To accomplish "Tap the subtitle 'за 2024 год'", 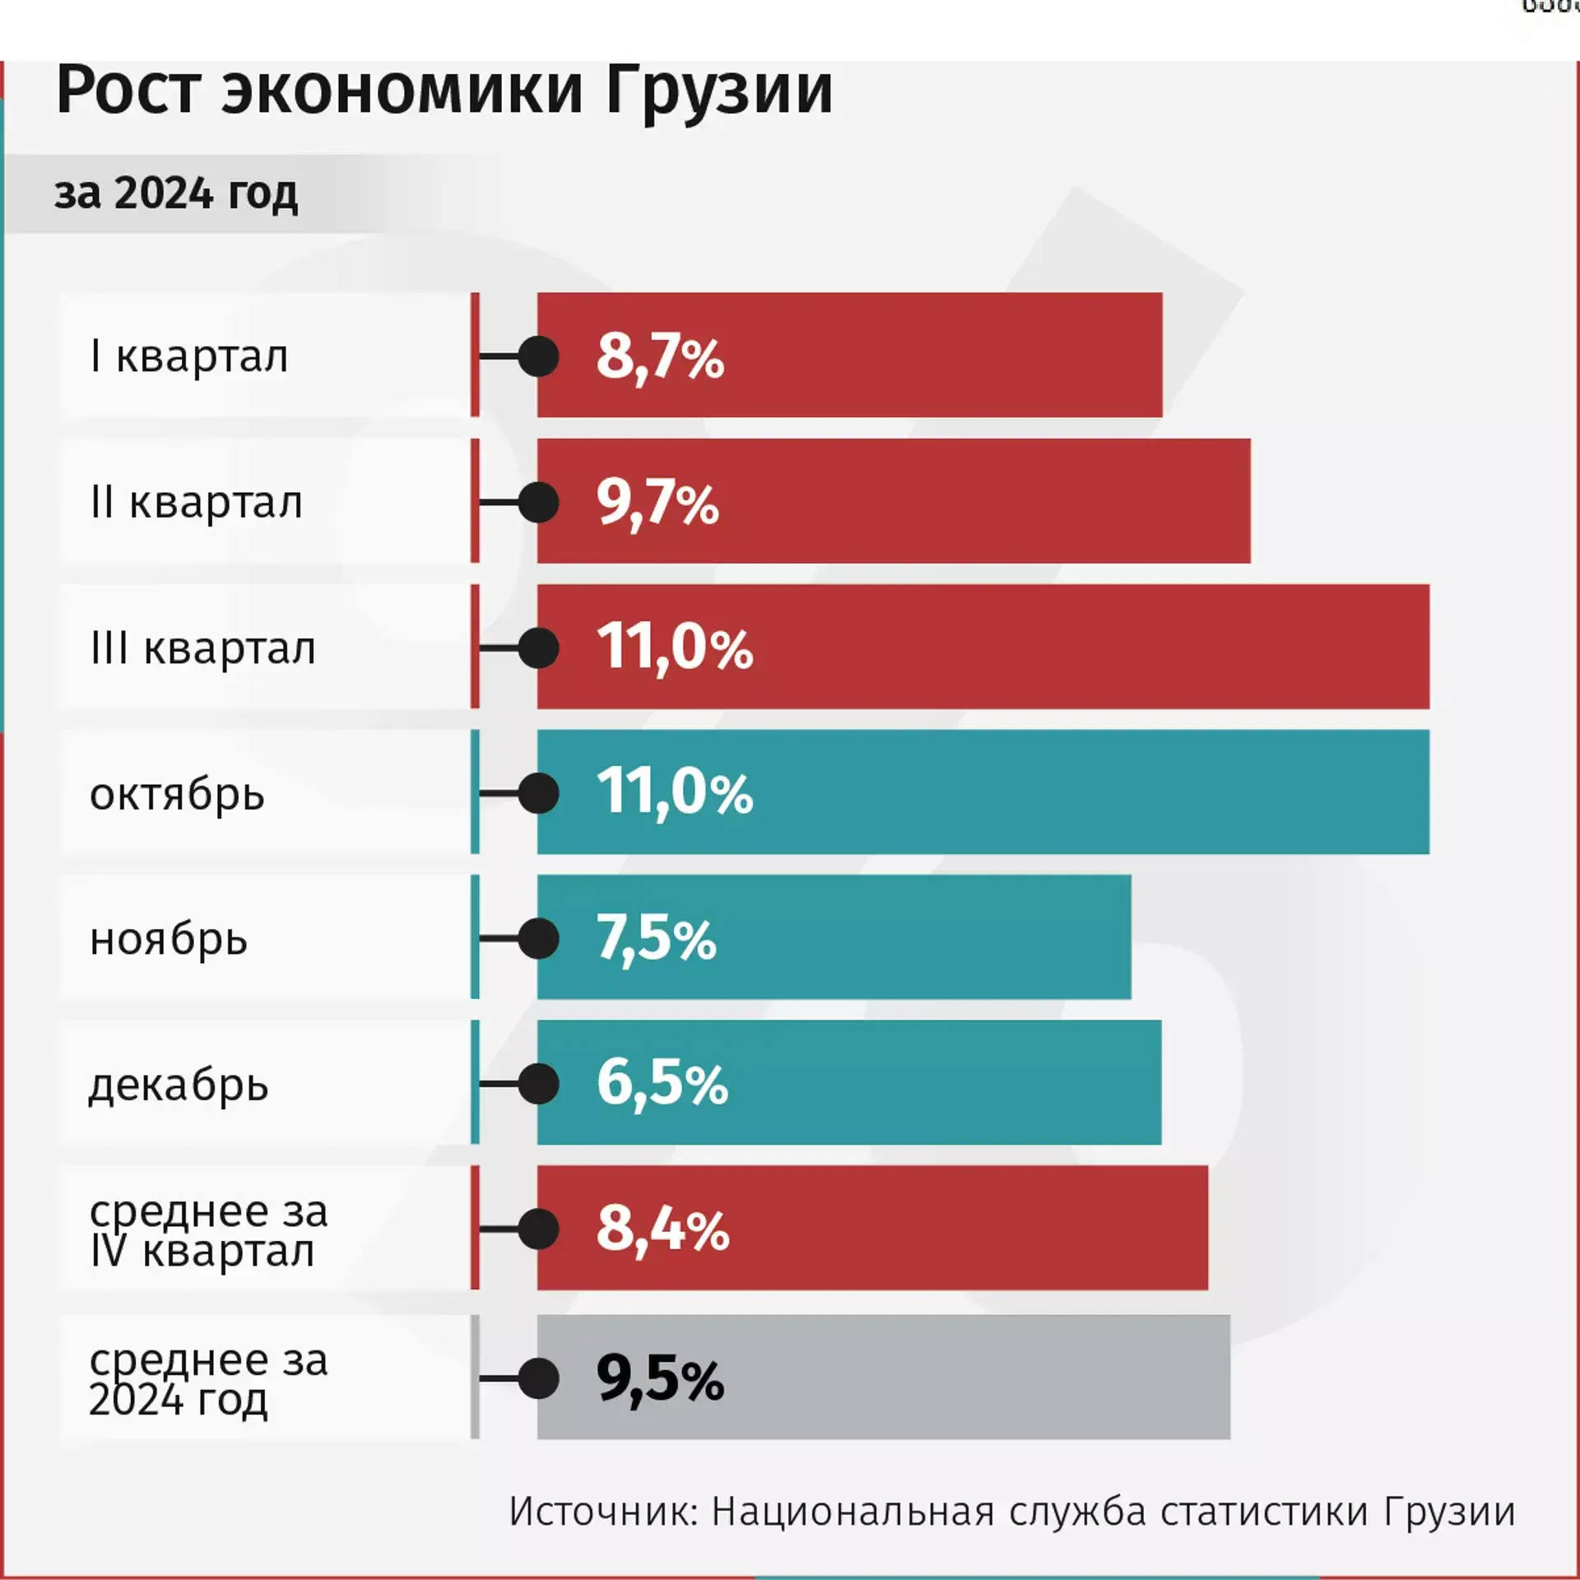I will pyautogui.click(x=176, y=194).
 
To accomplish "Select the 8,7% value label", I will pyautogui.click(x=660, y=357).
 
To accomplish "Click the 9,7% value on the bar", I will pyautogui.click(x=658, y=503).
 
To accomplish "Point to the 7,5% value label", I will pyautogui.click(x=656, y=938).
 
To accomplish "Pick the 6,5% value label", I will pyautogui.click(x=662, y=1083).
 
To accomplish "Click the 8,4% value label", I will pyautogui.click(x=662, y=1229).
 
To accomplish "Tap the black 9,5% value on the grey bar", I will pyautogui.click(x=660, y=1378).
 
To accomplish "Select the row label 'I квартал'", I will pyautogui.click(x=189, y=357).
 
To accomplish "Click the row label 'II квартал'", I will pyautogui.click(x=197, y=503).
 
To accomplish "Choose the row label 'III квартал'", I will pyautogui.click(x=203, y=648).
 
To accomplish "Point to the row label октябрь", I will pyautogui.click(x=177, y=795).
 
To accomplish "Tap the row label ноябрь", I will pyautogui.click(x=169, y=940).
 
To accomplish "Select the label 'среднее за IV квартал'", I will pyautogui.click(x=208, y=1231).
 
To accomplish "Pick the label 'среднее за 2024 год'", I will pyautogui.click(x=208, y=1379).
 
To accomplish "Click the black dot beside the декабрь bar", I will pyautogui.click(x=539, y=1084).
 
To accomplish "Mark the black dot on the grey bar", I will pyautogui.click(x=539, y=1378).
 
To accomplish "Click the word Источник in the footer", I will pyautogui.click(x=603, y=1513).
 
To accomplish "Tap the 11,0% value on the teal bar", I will pyautogui.click(x=674, y=792).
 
